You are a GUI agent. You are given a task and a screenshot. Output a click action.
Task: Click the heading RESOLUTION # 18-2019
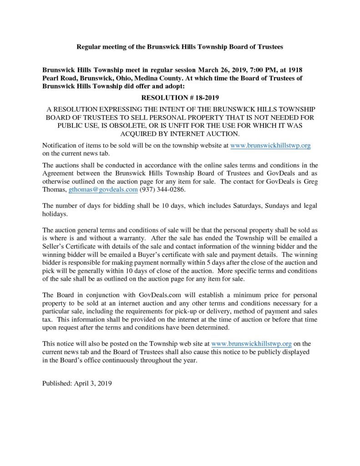(x=180, y=98)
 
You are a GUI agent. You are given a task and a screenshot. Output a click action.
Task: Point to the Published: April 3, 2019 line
(x=77, y=383)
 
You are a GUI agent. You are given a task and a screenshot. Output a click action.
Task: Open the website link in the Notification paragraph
(x=271, y=145)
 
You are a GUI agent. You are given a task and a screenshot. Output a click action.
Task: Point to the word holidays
(x=56, y=213)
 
